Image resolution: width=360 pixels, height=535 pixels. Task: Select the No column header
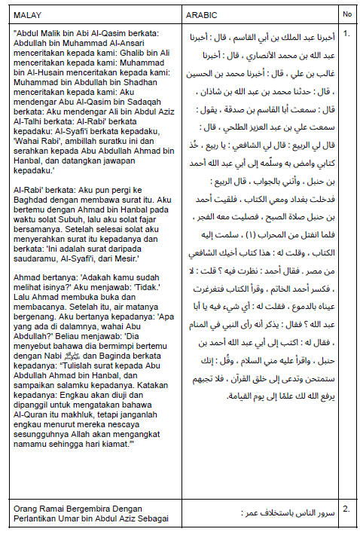pos(346,14)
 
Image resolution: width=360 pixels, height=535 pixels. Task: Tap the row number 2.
pos(346,509)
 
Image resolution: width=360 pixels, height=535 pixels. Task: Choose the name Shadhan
pos(151,81)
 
